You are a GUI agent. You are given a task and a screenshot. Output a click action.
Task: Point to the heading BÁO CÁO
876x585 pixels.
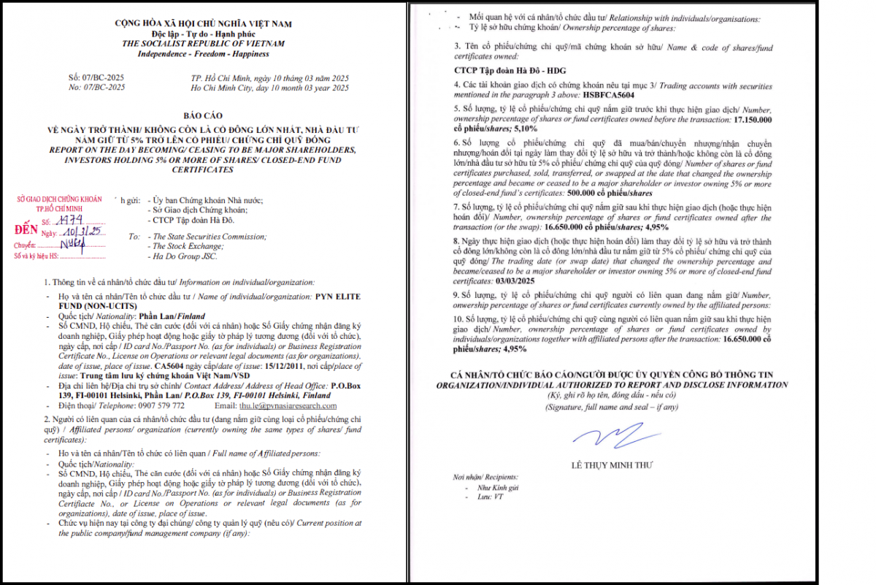pos(203,115)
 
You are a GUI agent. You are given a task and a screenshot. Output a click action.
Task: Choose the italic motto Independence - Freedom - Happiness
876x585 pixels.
pos(203,53)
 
